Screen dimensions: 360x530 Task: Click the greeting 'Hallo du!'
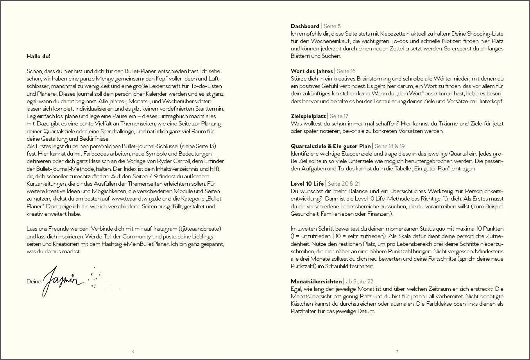(38, 56)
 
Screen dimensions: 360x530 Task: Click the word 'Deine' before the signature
(34, 281)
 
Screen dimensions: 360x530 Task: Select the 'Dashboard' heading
(305, 26)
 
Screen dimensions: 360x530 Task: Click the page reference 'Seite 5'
(332, 26)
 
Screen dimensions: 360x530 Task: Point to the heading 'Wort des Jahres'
(312, 71)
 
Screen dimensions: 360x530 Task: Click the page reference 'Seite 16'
(346, 71)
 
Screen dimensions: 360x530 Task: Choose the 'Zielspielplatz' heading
(308, 116)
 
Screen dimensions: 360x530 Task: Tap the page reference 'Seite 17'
(339, 116)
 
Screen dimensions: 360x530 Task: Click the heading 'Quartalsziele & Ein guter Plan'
(330, 146)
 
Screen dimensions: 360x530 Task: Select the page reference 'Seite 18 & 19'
(390, 146)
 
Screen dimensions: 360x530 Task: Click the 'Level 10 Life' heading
(307, 184)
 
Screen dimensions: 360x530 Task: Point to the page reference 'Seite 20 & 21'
(344, 184)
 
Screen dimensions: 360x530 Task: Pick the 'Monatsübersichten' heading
(316, 281)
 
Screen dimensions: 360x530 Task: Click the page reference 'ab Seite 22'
(360, 281)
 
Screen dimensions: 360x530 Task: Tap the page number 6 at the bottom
(133, 351)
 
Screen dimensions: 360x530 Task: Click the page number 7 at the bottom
(397, 351)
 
